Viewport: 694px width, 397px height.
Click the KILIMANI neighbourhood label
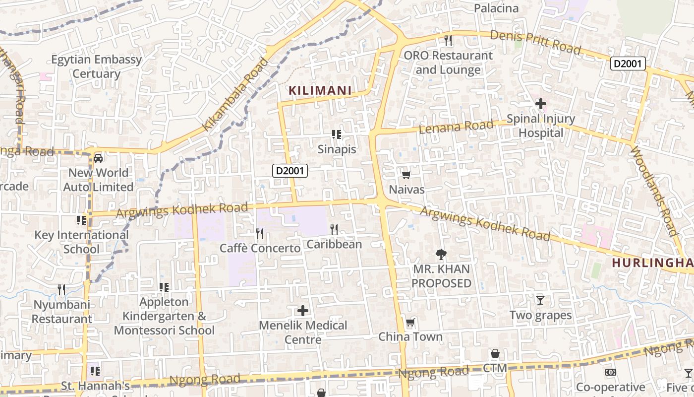320,90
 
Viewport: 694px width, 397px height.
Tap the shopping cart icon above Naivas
406,175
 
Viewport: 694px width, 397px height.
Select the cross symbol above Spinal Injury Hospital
541,104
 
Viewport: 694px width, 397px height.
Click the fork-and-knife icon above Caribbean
334,229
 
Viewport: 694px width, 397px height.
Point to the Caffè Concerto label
260,248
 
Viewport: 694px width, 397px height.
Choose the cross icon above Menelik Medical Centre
303,311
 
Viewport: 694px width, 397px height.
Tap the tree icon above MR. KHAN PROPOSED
441,255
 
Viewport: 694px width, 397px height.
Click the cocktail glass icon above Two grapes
540,300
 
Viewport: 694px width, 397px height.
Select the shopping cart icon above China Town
410,323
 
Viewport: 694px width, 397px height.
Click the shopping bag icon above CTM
495,353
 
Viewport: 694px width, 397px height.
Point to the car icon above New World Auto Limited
98,158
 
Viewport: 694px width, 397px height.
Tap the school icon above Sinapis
337,134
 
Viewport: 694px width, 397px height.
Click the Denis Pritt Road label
535,42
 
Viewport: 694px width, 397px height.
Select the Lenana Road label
456,127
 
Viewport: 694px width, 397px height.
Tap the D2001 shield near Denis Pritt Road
628,64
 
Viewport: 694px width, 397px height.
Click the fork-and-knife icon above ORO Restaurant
448,40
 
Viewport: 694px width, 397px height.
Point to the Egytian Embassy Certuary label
97,66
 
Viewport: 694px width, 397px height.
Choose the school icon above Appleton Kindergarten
164,287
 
